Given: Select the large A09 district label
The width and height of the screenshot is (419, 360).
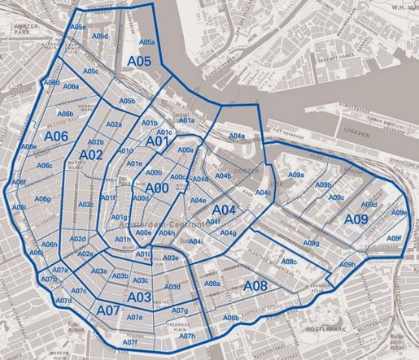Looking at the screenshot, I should (357, 219).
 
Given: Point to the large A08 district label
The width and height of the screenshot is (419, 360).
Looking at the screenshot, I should (255, 286).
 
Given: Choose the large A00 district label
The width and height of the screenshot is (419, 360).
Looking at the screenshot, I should (156, 188).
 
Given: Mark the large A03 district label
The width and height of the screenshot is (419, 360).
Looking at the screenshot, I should (139, 297).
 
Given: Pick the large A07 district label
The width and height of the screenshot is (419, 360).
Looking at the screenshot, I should (108, 311).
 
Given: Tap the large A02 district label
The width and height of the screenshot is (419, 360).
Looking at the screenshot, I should (90, 154).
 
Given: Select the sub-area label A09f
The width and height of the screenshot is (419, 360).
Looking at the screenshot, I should (394, 238).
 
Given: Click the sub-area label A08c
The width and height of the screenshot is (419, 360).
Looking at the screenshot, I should (289, 262).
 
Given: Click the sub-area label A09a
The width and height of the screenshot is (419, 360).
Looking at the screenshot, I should (296, 175).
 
